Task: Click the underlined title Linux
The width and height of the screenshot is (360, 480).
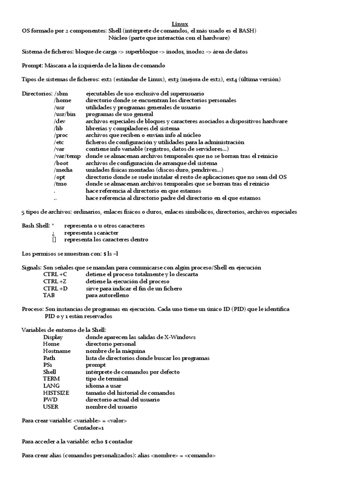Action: tap(180, 23)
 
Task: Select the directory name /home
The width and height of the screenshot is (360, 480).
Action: tap(63, 100)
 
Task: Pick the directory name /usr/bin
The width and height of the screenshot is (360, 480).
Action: tap(65, 114)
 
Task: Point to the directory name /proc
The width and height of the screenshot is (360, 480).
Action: tap(62, 135)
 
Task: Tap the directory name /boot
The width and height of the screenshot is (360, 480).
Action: tap(62, 163)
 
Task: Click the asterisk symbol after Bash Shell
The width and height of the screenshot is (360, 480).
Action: tap(60, 225)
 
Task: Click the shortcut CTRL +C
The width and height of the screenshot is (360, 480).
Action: tap(55, 274)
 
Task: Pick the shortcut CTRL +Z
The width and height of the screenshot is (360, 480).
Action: tap(55, 281)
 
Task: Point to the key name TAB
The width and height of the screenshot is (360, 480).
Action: tap(49, 295)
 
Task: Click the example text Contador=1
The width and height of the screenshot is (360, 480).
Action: tap(89, 428)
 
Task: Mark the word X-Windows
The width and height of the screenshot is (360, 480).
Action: tap(180, 337)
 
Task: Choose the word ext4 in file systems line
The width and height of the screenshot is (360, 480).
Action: tap(231, 79)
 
